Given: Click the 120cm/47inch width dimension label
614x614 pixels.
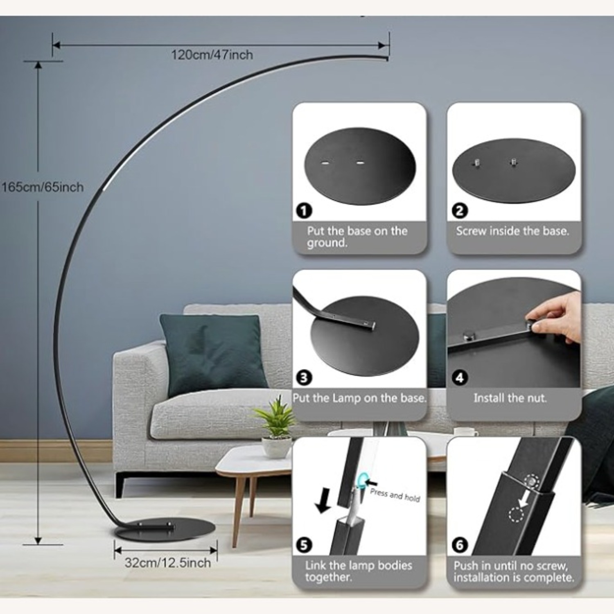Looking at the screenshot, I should click(x=212, y=54).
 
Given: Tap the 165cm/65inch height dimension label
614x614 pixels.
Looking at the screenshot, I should click(x=43, y=187).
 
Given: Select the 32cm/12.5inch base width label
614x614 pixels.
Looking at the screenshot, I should click(x=168, y=562).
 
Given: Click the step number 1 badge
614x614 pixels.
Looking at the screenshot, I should click(x=304, y=211).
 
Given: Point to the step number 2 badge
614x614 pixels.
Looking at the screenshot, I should click(x=459, y=211).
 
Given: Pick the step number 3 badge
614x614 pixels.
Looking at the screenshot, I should click(x=304, y=377).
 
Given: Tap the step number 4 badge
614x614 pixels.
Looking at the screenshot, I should click(x=459, y=377).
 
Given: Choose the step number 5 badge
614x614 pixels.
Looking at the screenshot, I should click(x=304, y=545).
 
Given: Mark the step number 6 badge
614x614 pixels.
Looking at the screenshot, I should click(x=459, y=545).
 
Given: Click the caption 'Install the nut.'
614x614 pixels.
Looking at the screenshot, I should click(x=510, y=398).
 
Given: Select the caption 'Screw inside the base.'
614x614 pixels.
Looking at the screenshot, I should click(x=512, y=231).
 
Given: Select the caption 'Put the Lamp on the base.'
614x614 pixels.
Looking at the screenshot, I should click(x=359, y=398).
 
